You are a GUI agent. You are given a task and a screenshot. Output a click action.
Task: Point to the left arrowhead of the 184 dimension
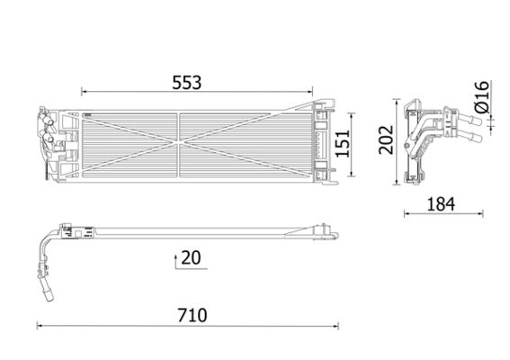point(407,214)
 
